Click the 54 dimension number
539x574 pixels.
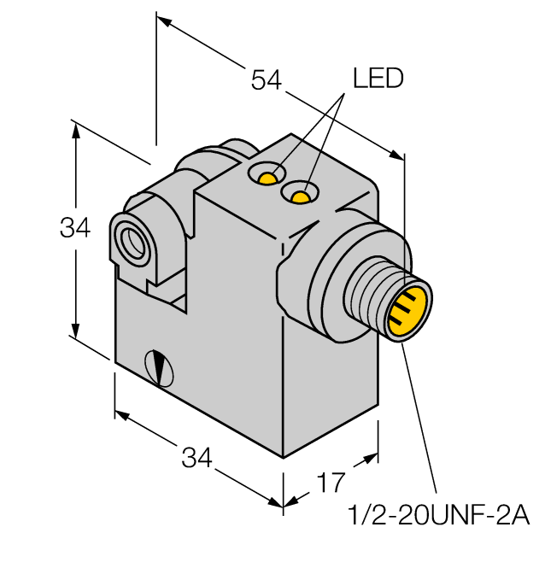(x=266, y=80)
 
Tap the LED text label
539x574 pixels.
(x=378, y=79)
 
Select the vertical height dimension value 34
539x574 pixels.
(x=75, y=229)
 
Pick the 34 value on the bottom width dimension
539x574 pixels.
(x=197, y=458)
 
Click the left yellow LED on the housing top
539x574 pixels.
(x=268, y=178)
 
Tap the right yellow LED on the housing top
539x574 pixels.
(x=299, y=197)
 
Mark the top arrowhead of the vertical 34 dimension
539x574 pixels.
(x=77, y=128)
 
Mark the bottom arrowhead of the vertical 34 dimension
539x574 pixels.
(x=77, y=334)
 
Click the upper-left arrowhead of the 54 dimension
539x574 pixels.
(x=163, y=24)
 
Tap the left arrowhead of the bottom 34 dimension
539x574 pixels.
(x=120, y=416)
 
